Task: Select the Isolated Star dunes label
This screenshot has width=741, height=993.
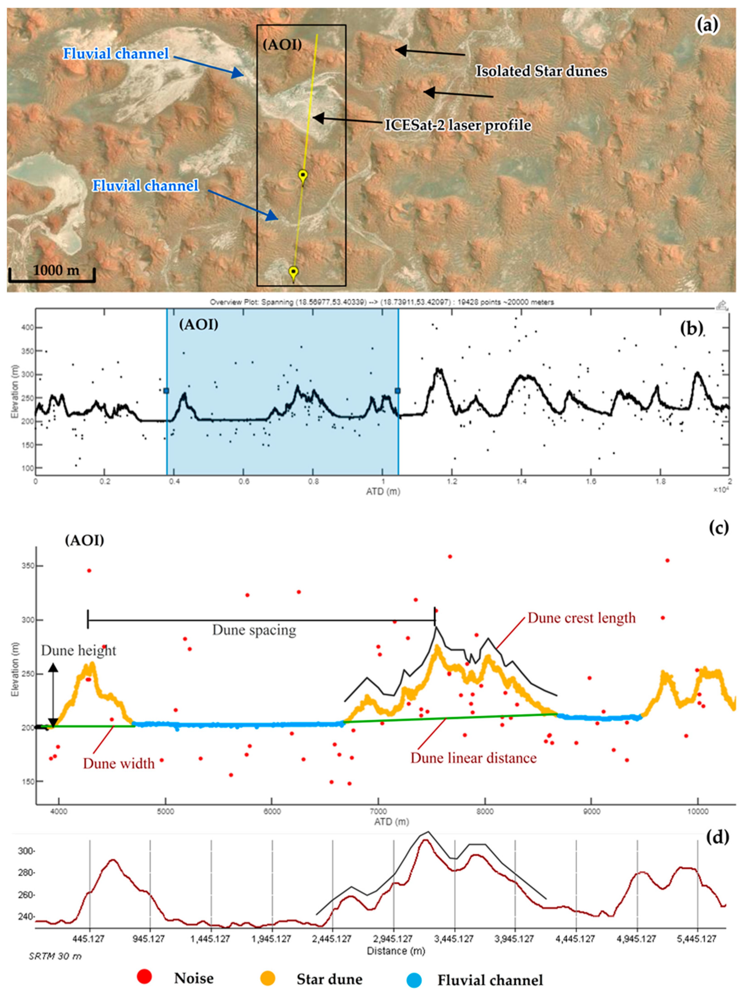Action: click(541, 71)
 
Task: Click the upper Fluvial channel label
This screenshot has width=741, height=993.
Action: click(116, 54)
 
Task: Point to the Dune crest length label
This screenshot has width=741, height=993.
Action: click(581, 618)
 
